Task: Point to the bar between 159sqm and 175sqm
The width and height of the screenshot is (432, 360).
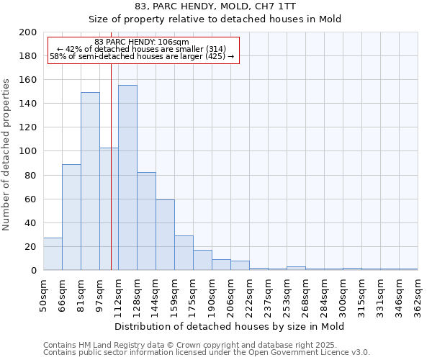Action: pos(184,253)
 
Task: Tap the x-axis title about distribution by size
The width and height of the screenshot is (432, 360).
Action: pos(230,326)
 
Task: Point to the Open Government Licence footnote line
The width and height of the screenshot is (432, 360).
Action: pos(207,353)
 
